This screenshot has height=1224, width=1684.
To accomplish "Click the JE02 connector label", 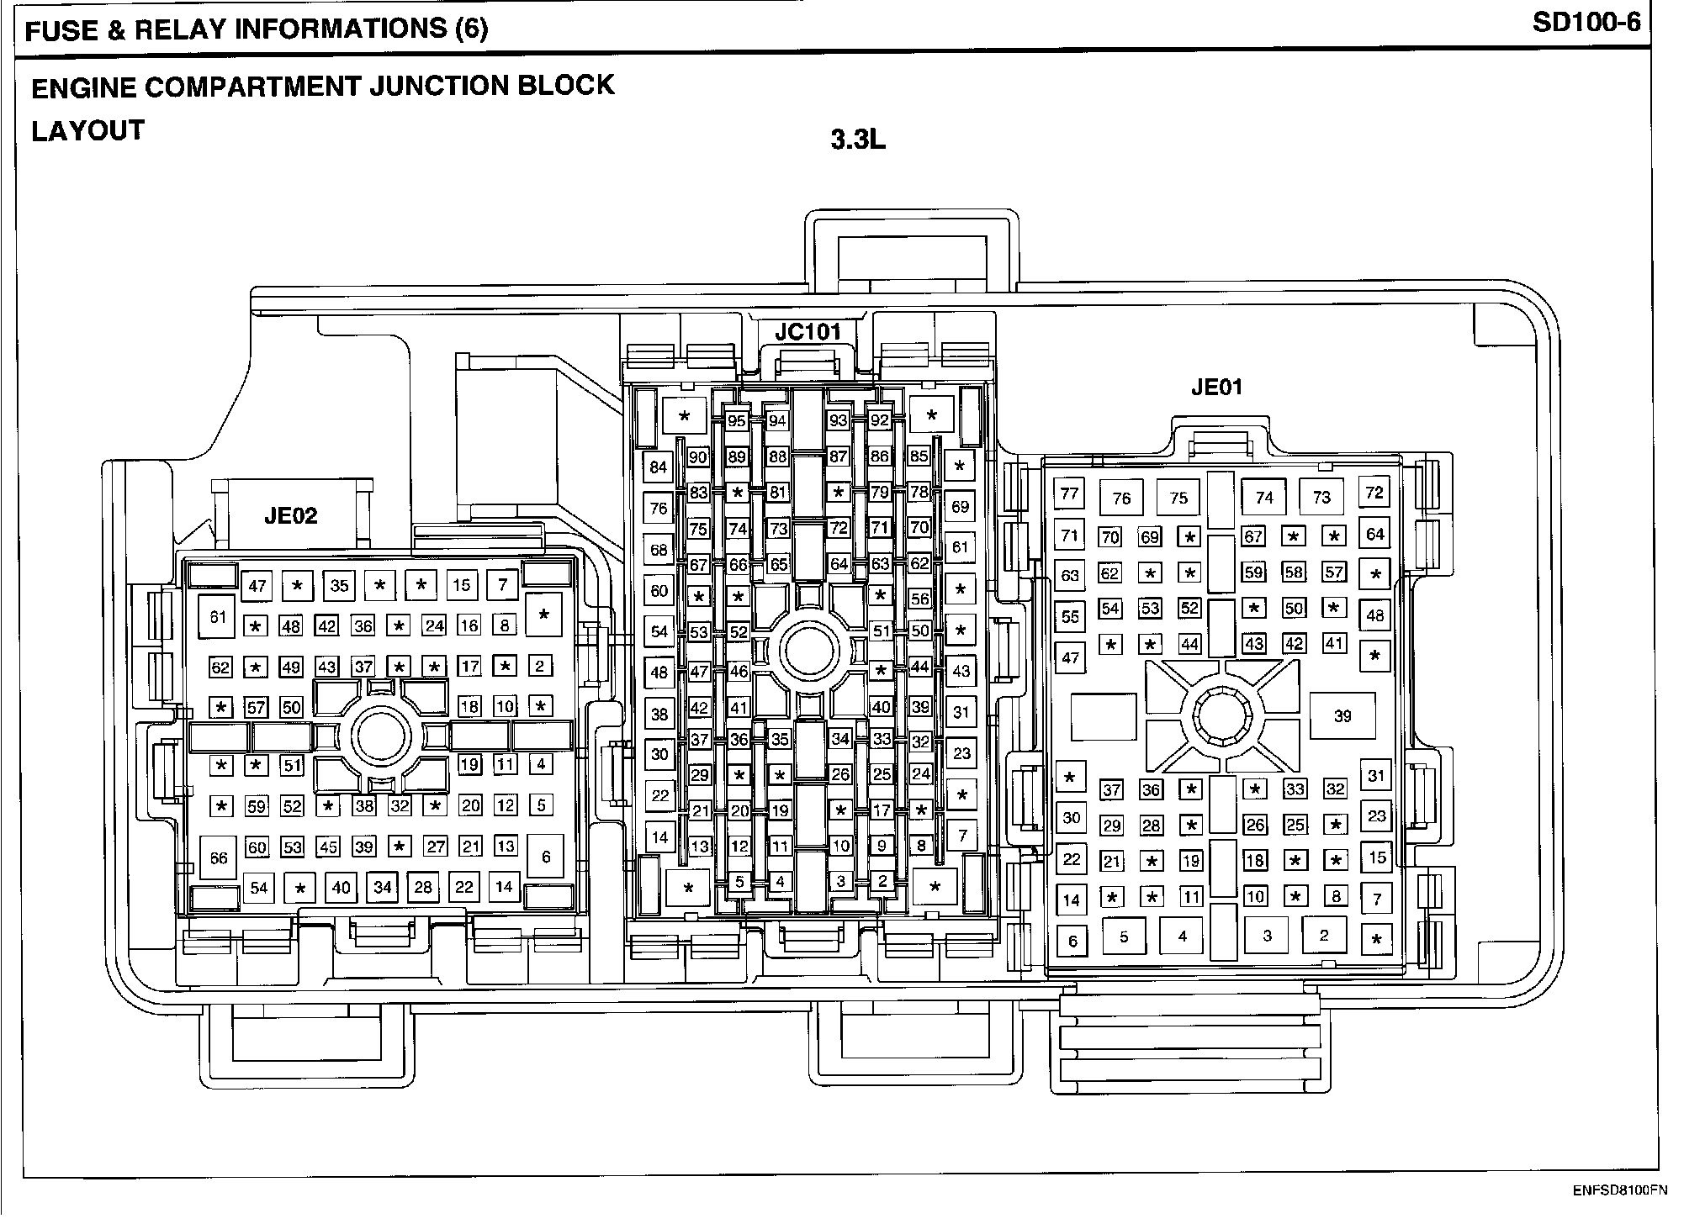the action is click(x=291, y=515).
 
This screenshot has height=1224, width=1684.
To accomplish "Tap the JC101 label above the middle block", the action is click(x=808, y=332).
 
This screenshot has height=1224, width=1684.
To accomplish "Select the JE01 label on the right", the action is click(x=1216, y=388).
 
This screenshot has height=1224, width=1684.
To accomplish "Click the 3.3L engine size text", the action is click(x=858, y=140).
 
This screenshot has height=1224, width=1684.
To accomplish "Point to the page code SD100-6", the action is click(x=1586, y=23).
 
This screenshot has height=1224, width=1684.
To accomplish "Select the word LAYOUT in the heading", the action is click(x=88, y=131).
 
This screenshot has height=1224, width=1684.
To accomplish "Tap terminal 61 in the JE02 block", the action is click(x=219, y=617).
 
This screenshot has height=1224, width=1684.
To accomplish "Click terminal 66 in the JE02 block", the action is click(x=219, y=858).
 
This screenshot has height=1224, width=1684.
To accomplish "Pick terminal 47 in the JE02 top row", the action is click(x=257, y=586).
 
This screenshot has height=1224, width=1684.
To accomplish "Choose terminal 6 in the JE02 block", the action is click(x=546, y=857).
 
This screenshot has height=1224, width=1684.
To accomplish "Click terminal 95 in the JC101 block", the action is click(x=737, y=421).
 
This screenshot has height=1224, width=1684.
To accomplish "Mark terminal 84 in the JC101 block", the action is click(x=659, y=467).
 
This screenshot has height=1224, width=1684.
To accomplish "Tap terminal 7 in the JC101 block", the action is click(x=962, y=836).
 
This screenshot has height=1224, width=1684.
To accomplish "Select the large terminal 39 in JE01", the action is click(x=1342, y=716).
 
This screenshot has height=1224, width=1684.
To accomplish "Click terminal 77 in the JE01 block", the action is click(x=1069, y=493).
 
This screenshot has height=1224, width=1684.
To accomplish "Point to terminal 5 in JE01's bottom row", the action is click(x=1124, y=936).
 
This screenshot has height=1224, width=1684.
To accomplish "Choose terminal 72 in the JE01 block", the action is click(x=1374, y=493).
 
